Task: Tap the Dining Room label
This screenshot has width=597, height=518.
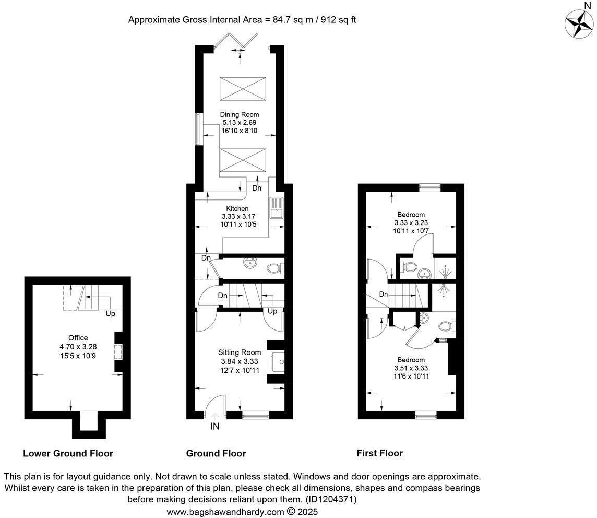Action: click(x=239, y=115)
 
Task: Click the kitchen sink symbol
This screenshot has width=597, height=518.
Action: click(x=276, y=208)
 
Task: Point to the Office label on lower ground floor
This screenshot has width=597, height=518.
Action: click(x=78, y=338)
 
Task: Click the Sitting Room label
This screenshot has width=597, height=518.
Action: click(x=239, y=352)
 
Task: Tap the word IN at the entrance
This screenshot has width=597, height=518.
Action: click(x=215, y=426)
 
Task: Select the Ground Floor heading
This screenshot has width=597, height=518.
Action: click(x=216, y=453)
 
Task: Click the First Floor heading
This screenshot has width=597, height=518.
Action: click(x=379, y=453)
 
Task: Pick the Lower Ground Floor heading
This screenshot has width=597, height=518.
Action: click(x=68, y=453)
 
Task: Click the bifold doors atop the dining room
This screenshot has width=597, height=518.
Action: click(x=238, y=40)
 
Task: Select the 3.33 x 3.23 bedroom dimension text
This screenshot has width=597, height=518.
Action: click(x=411, y=222)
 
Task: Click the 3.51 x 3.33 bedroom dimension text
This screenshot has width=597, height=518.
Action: click(x=411, y=368)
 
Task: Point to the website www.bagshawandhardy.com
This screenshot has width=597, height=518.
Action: click(x=225, y=512)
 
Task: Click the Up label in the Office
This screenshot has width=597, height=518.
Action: click(x=110, y=314)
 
